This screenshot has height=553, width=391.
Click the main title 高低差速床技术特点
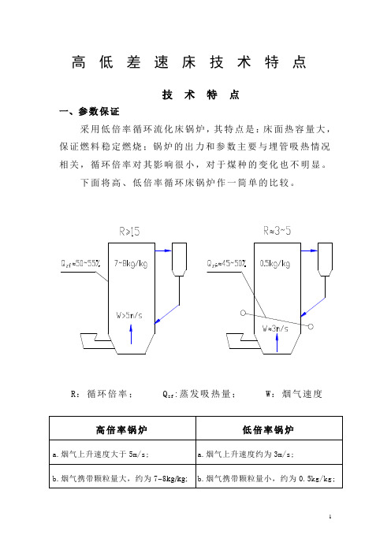(x=188, y=62)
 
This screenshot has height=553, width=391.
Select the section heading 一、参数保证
(x=89, y=111)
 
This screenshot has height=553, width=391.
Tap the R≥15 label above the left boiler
(x=129, y=232)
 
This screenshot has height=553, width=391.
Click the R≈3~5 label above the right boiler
(x=277, y=231)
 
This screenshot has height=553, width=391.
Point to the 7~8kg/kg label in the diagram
(x=131, y=263)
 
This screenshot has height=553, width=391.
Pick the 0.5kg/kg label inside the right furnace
(x=275, y=263)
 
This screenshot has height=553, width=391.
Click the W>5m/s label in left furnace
(x=129, y=315)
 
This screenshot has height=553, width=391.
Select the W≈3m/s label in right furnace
(x=275, y=328)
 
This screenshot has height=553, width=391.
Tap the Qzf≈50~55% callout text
(x=81, y=263)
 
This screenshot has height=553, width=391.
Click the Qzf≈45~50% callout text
(x=226, y=263)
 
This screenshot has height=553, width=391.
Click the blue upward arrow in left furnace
(x=132, y=334)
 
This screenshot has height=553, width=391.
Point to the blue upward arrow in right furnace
(x=277, y=343)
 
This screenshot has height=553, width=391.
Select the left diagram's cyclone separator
(x=179, y=259)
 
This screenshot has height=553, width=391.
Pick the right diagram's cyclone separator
(x=325, y=259)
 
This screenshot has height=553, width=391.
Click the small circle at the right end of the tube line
(x=311, y=327)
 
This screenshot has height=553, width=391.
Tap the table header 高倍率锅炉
(x=121, y=430)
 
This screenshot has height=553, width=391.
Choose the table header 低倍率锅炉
(x=268, y=430)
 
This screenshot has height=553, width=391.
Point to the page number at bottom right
(x=330, y=517)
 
